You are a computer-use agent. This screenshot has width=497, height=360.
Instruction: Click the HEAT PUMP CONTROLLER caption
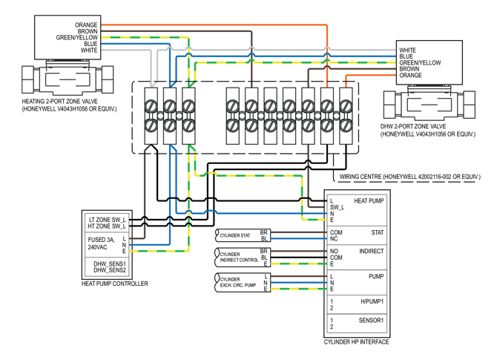tap(114, 284)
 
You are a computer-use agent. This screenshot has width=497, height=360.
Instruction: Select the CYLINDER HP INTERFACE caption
tap(356, 342)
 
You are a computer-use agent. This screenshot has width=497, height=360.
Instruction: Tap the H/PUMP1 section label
tap(372, 301)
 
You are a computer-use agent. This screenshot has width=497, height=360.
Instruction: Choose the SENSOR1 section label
tap(372, 321)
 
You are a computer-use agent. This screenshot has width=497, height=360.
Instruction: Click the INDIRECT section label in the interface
tap(372, 252)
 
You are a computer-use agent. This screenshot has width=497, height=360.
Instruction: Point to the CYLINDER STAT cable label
tap(235, 236)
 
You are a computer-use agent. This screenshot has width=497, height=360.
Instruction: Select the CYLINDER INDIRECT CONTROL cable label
tap(239, 258)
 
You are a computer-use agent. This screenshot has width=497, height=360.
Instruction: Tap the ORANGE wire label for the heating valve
tap(86, 25)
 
